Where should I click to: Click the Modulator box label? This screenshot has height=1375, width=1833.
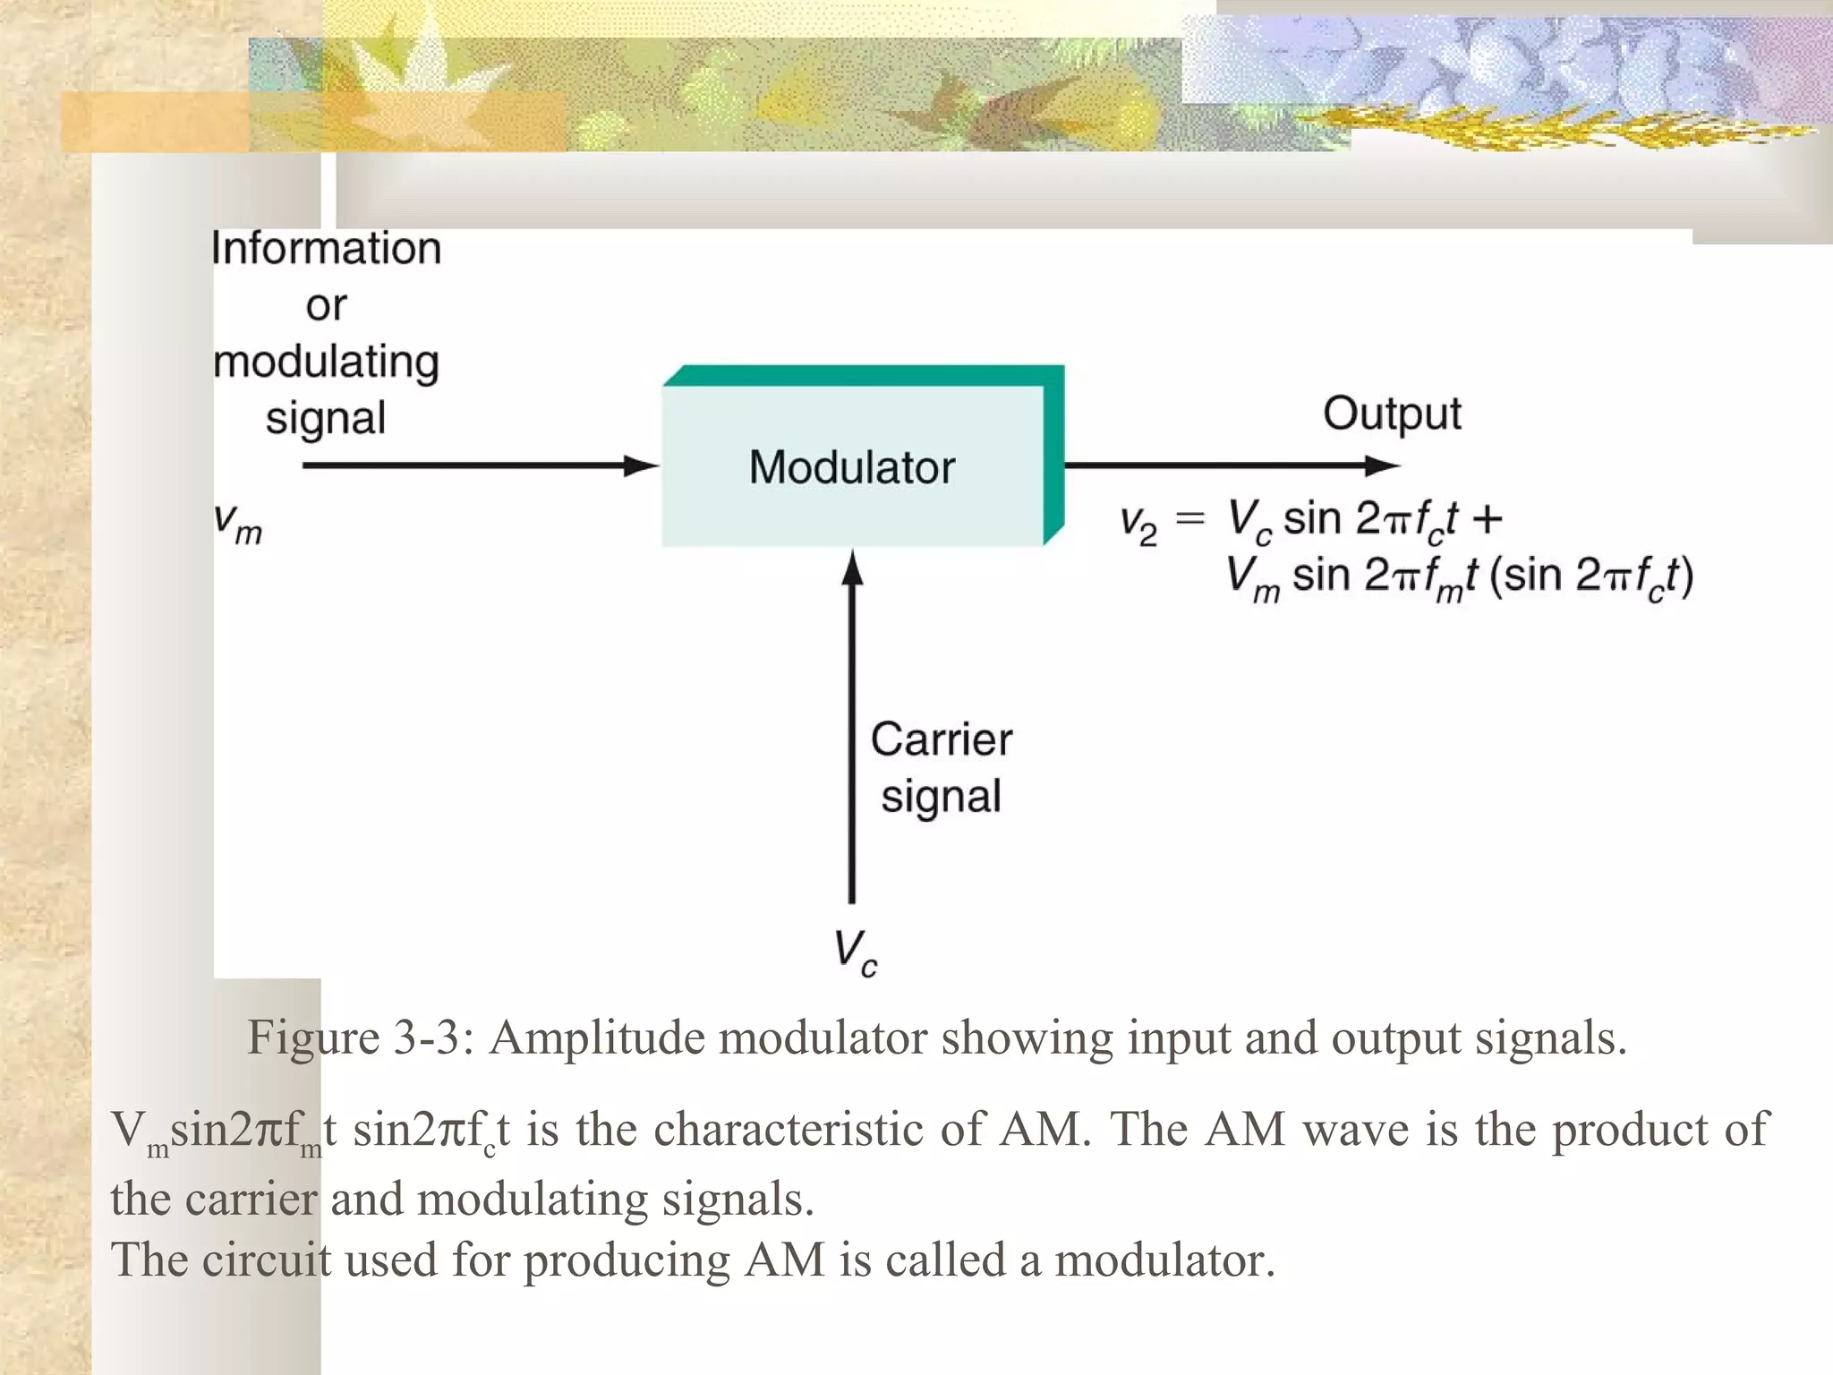[x=852, y=467]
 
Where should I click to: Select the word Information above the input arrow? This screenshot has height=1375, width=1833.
[x=327, y=248]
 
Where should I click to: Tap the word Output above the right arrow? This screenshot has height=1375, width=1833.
[x=1392, y=414]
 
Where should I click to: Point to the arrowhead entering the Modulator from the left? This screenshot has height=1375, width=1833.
[x=641, y=465]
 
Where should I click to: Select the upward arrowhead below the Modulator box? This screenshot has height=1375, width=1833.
[x=852, y=568]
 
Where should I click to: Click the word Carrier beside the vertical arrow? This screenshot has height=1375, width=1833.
[x=942, y=739]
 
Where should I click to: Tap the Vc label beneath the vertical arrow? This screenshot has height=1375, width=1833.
[x=856, y=952]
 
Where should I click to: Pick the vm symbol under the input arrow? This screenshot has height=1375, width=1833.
[x=238, y=523]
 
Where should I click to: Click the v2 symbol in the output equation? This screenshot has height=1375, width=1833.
[x=1138, y=524]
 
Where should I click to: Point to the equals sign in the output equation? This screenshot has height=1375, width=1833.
[x=1190, y=518]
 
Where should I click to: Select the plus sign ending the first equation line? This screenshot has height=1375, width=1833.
[x=1487, y=518]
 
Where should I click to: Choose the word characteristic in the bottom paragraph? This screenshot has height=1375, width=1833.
[x=788, y=1129]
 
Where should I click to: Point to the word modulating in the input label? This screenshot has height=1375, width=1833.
[x=327, y=362]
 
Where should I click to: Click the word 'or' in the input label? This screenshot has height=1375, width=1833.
[x=326, y=306]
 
